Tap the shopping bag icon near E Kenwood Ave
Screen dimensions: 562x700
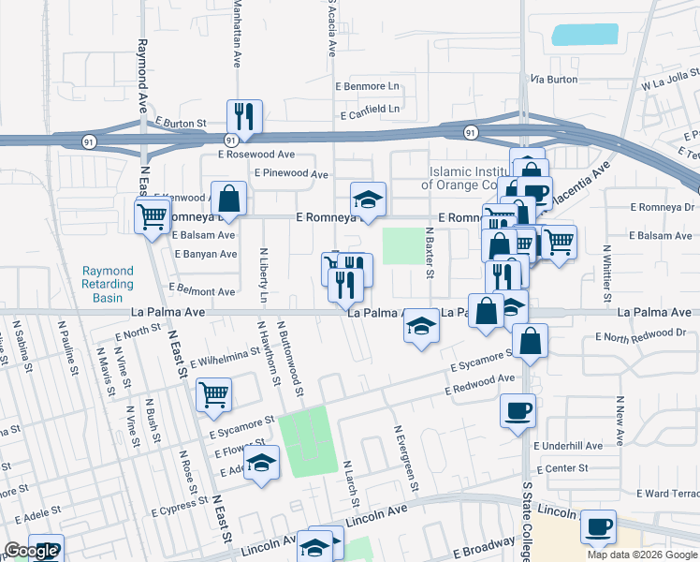point(228,198)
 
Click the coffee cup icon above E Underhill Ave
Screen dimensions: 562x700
point(518,410)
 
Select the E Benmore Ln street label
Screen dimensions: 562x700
point(367,86)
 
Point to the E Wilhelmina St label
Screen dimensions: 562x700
point(225,357)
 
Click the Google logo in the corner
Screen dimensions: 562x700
point(31,552)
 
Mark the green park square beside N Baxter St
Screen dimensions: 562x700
point(402,245)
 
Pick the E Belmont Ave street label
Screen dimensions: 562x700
point(201,291)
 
